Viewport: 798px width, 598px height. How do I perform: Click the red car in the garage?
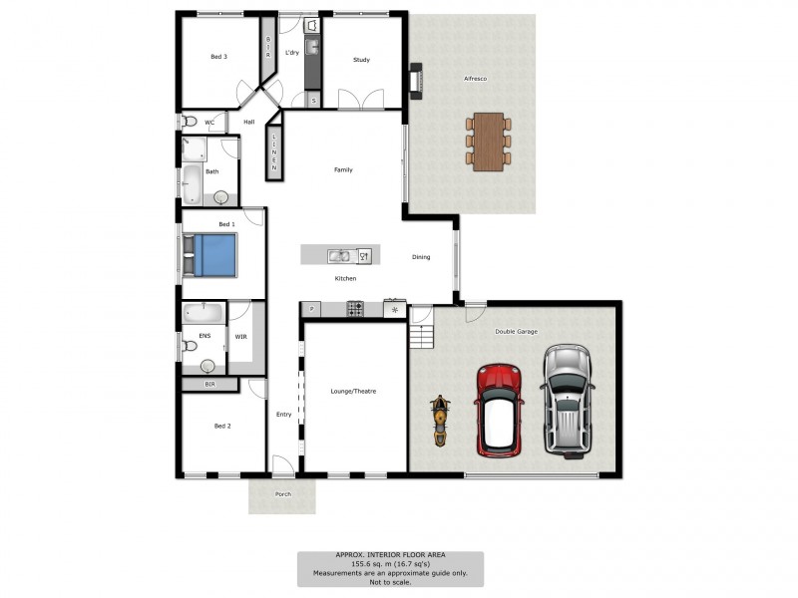(x=499, y=410)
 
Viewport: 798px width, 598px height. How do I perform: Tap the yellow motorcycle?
(x=440, y=422)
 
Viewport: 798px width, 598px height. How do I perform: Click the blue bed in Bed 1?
(x=212, y=254)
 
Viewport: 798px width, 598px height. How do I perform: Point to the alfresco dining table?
(x=488, y=142)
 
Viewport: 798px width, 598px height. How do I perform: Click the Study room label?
(x=361, y=61)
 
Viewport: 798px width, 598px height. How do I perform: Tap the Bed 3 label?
(x=218, y=57)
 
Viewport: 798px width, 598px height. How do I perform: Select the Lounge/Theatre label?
(x=353, y=392)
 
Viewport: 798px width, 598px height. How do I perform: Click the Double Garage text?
(x=517, y=332)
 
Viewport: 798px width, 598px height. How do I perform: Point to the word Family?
(x=342, y=170)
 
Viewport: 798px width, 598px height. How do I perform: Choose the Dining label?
(x=421, y=257)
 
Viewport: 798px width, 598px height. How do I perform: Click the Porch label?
(x=282, y=493)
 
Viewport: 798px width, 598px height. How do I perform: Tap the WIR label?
(x=240, y=337)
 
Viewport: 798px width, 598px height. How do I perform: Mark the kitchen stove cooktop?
(x=353, y=309)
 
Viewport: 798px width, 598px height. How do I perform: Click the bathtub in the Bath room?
(x=192, y=184)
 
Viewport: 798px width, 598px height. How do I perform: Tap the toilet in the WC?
(x=190, y=122)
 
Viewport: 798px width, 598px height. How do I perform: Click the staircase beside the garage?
(x=423, y=335)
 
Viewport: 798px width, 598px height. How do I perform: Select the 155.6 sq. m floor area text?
(x=389, y=564)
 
